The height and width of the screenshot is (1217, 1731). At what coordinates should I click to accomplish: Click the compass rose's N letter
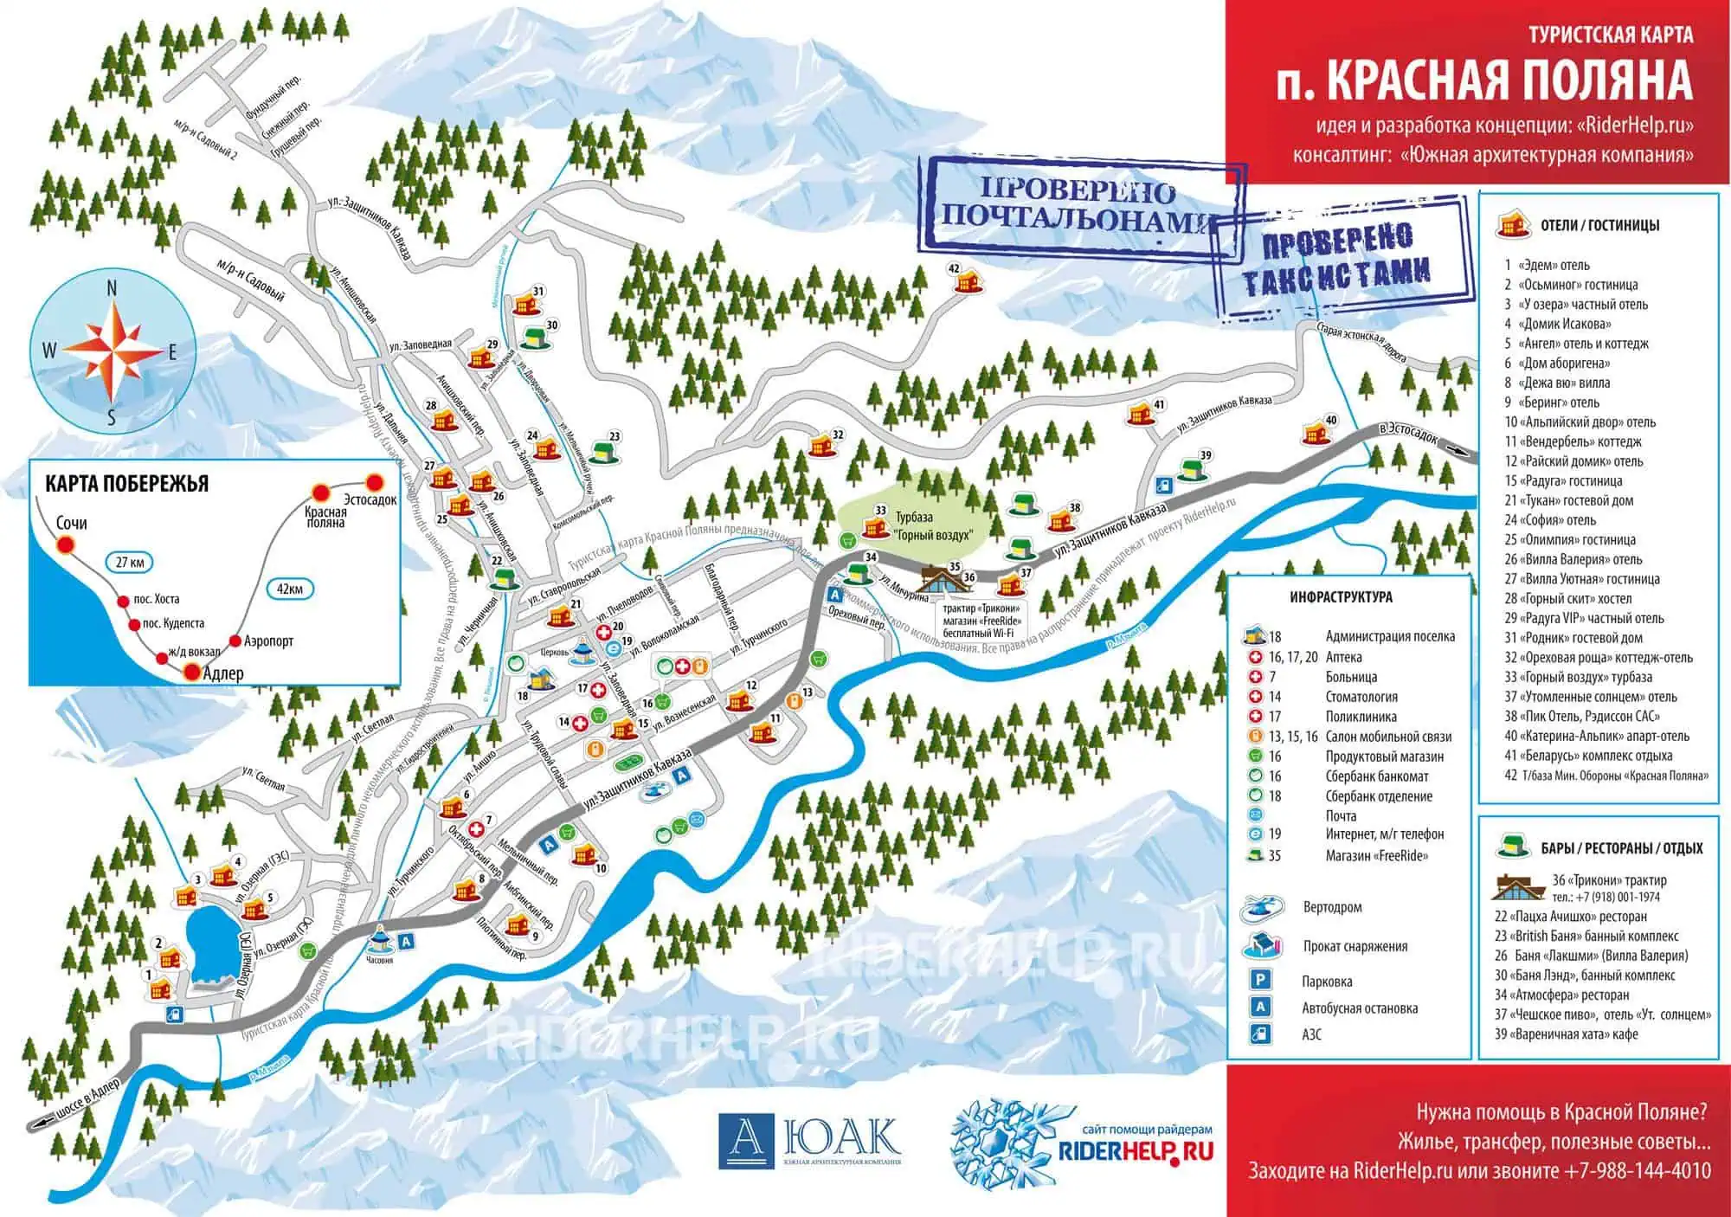pyautogui.click(x=112, y=289)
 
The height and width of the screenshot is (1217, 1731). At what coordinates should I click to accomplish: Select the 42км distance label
pyautogui.click(x=290, y=589)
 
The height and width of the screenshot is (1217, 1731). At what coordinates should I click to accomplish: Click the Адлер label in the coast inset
pyautogui.click(x=222, y=673)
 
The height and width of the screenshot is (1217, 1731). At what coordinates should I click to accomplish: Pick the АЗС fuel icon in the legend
pyautogui.click(x=1260, y=1033)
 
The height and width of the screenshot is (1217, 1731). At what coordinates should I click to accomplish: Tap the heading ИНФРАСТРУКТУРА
pyautogui.click(x=1341, y=597)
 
